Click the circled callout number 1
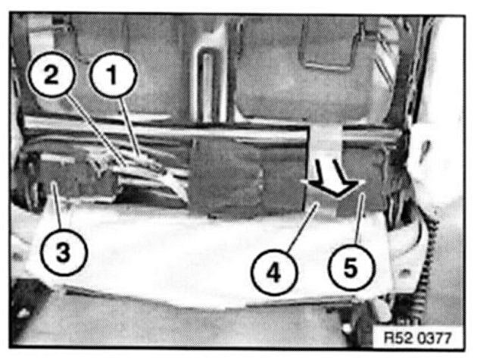(113, 74)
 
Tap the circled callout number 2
(51, 74)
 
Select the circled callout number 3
(64, 252)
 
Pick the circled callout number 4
(274, 271)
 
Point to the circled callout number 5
(351, 268)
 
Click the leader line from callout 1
(130, 127)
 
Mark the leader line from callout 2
(95, 130)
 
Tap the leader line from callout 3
(57, 206)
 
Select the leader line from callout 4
(301, 227)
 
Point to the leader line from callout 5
(359, 219)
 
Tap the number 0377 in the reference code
(434, 338)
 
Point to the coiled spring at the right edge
(429, 259)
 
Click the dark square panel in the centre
(248, 174)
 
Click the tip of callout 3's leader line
(52, 183)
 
